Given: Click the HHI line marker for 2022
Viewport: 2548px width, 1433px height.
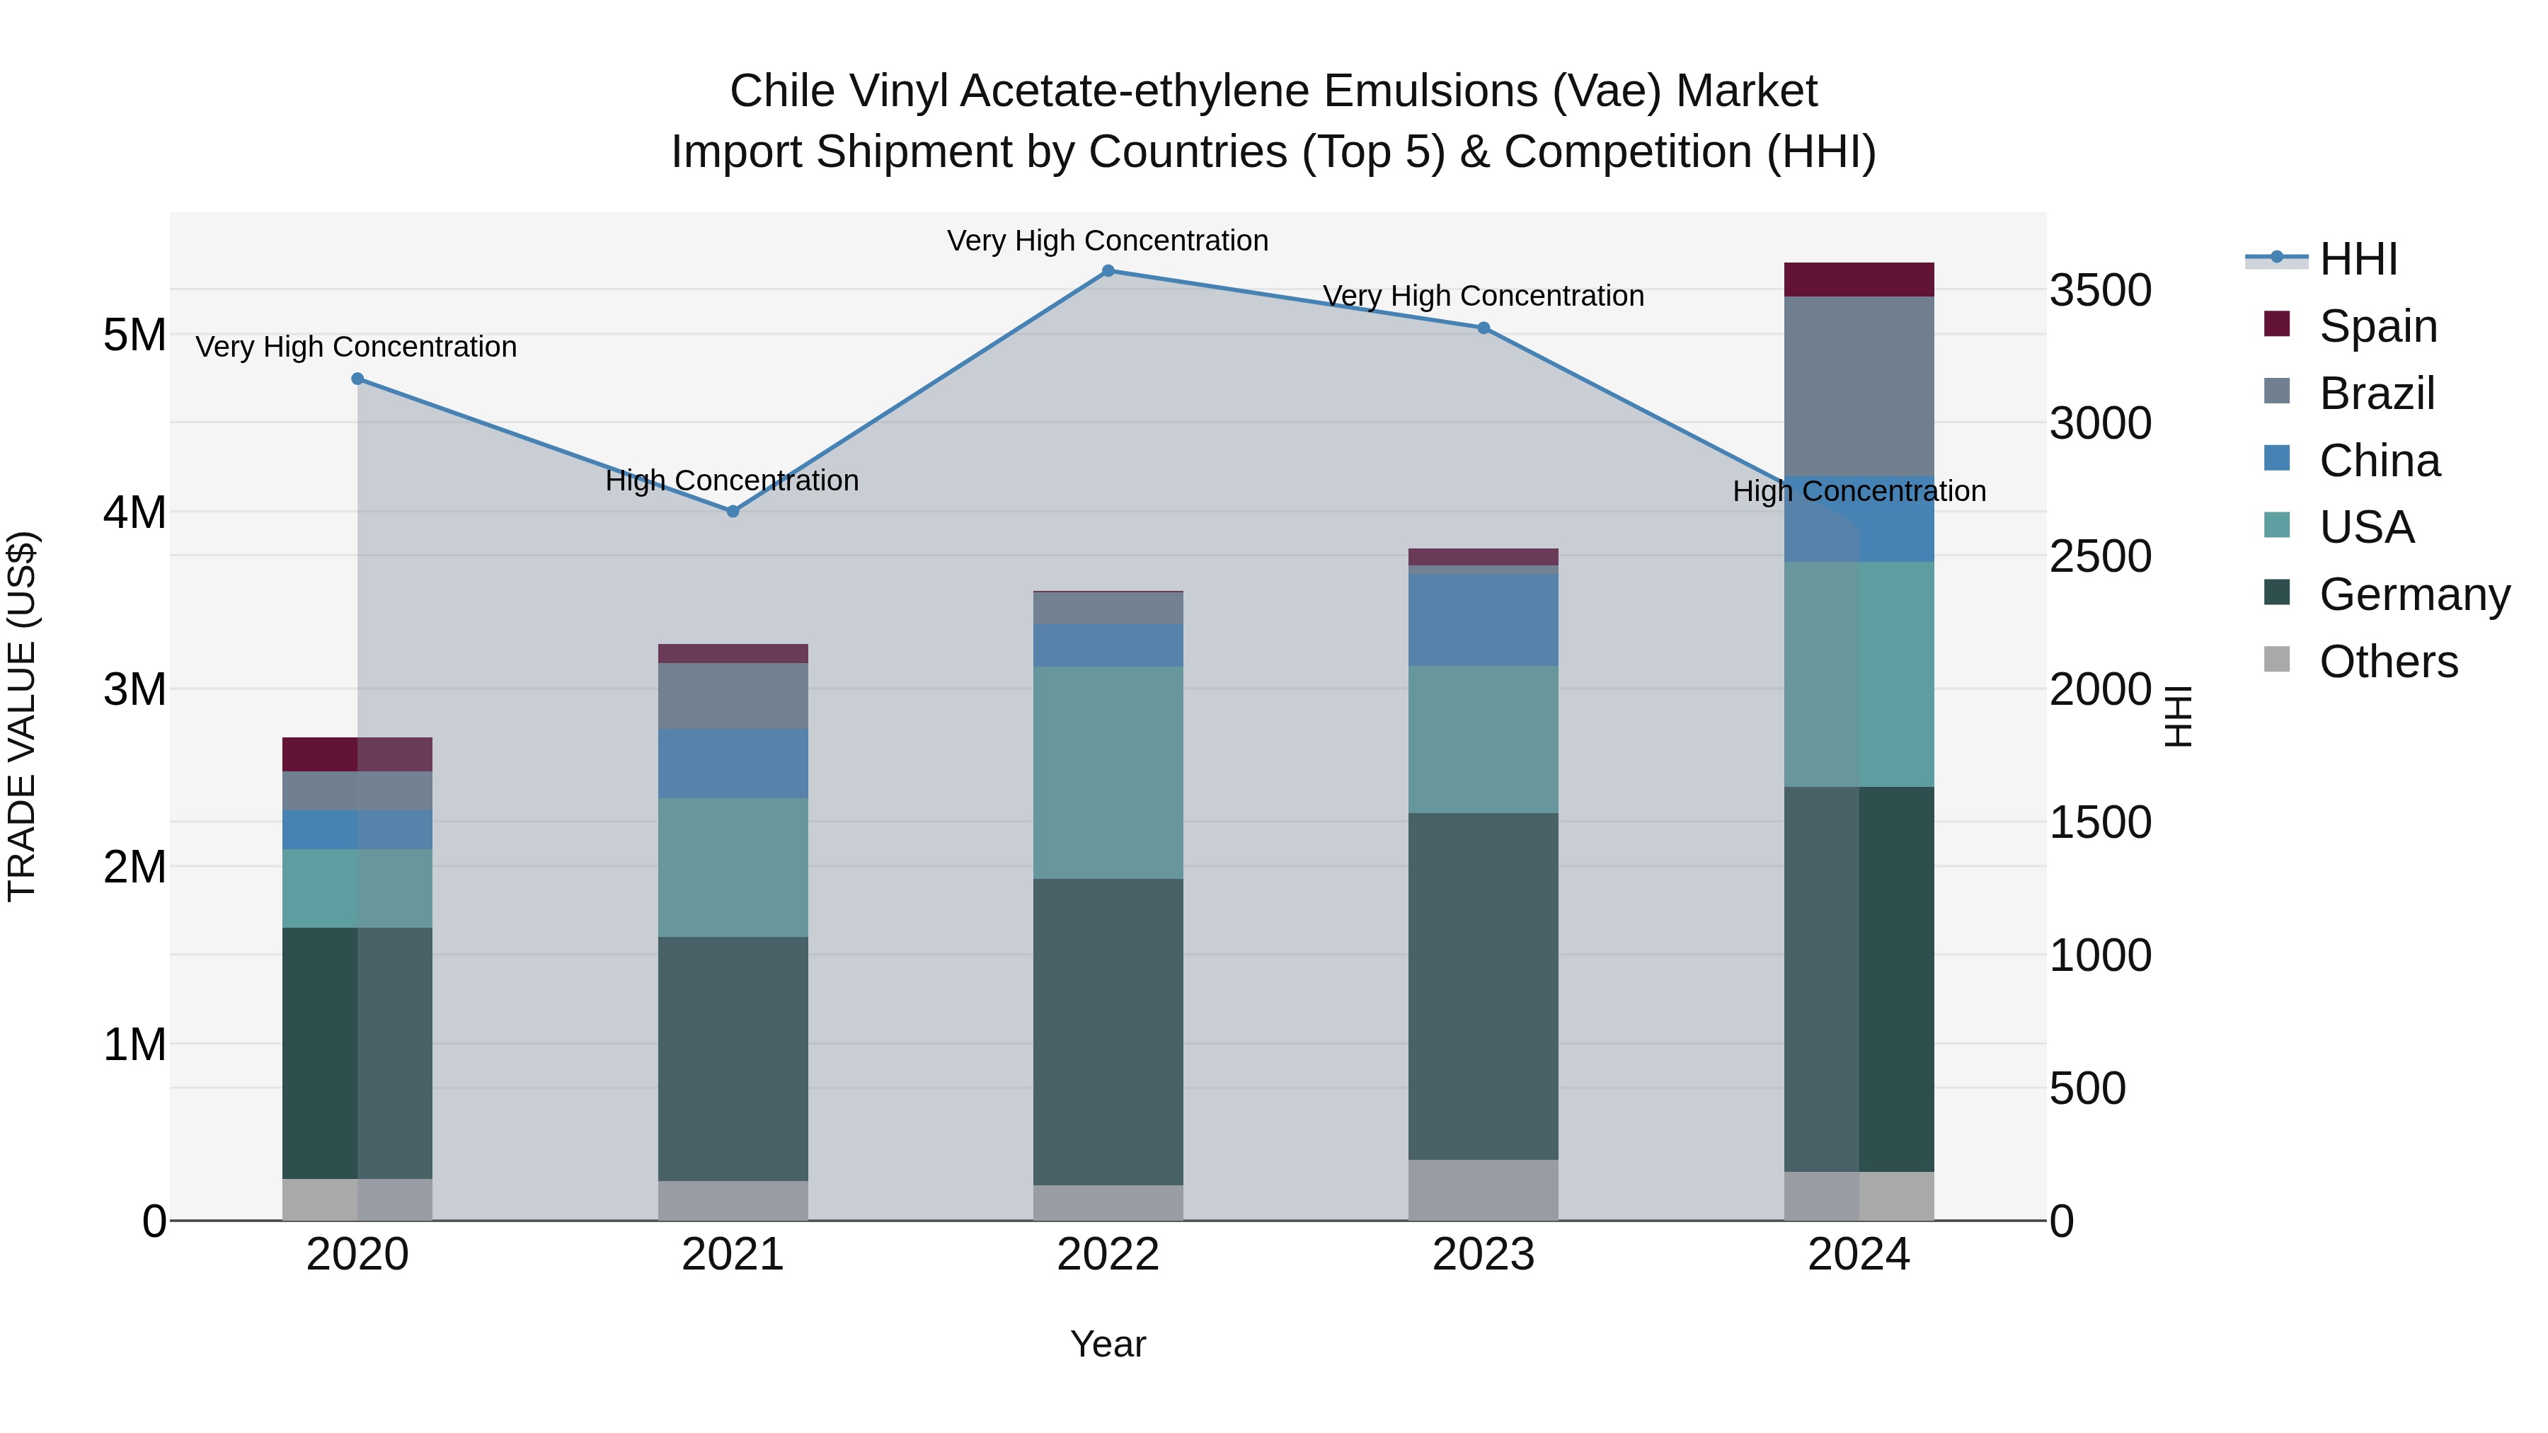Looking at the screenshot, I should (1108, 271).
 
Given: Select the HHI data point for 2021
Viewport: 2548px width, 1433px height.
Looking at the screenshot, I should (733, 512).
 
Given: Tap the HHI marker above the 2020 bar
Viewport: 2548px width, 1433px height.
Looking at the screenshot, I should (358, 379).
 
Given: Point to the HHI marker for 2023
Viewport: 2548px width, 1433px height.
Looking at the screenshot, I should (1484, 328).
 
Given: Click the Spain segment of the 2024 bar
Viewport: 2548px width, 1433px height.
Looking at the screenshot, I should (1859, 280).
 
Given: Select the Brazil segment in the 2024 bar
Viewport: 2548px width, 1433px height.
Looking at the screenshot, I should (1859, 386).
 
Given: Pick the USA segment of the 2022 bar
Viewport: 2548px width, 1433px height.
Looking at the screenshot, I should (1108, 771).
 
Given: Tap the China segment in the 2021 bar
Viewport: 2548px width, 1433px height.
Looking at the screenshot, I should (733, 764).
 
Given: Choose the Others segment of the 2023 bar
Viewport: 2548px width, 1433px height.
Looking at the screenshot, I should (1484, 1190).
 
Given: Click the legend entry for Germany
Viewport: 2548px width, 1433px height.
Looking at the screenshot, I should (2414, 594).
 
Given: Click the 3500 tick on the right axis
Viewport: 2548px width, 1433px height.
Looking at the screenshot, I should (2100, 291).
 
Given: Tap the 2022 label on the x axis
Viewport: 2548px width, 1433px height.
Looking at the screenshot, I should (1108, 1255).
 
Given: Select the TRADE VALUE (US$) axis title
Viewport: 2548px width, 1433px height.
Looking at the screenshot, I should (22, 716).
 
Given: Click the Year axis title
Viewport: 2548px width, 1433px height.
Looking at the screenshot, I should (1108, 1344).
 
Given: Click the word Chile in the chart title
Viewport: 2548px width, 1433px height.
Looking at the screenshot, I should (784, 91).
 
